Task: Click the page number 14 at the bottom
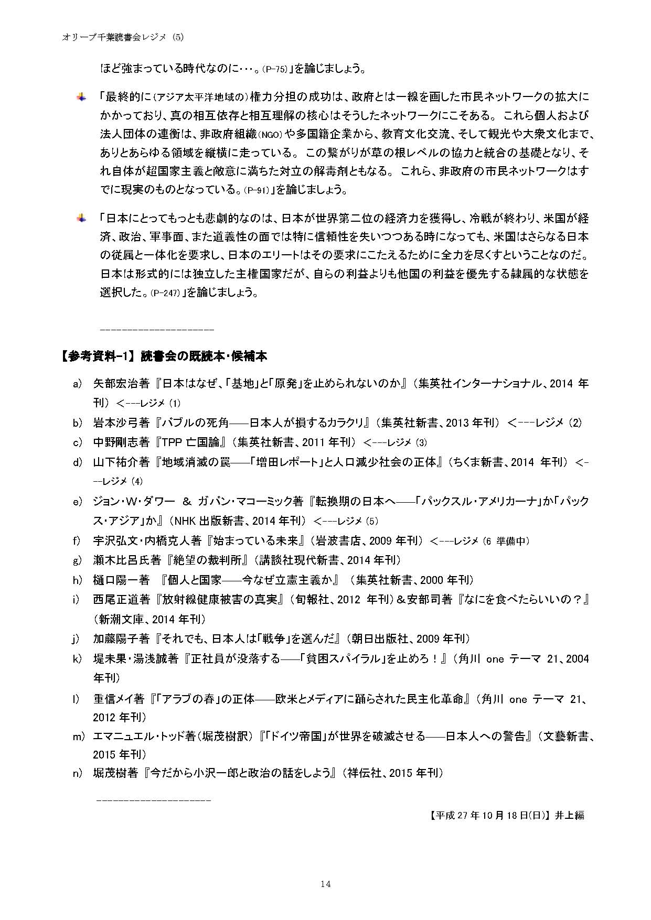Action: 325,884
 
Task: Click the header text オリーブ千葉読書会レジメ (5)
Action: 122,37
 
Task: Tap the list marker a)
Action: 78,384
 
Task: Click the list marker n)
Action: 78,773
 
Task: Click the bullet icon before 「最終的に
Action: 81,97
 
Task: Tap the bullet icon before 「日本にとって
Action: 81,218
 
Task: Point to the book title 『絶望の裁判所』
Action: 208,560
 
